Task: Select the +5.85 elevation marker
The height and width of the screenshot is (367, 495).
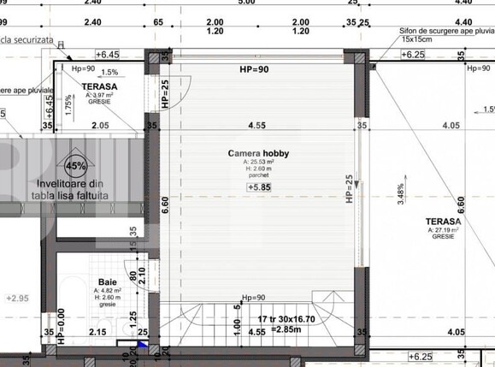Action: (x=260, y=187)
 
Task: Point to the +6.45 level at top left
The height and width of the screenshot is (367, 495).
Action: (x=107, y=53)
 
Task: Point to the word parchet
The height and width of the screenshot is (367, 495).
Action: (x=257, y=176)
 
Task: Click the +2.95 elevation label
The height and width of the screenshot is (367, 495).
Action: (x=17, y=298)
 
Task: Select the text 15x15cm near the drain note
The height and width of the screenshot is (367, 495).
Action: (x=418, y=39)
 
